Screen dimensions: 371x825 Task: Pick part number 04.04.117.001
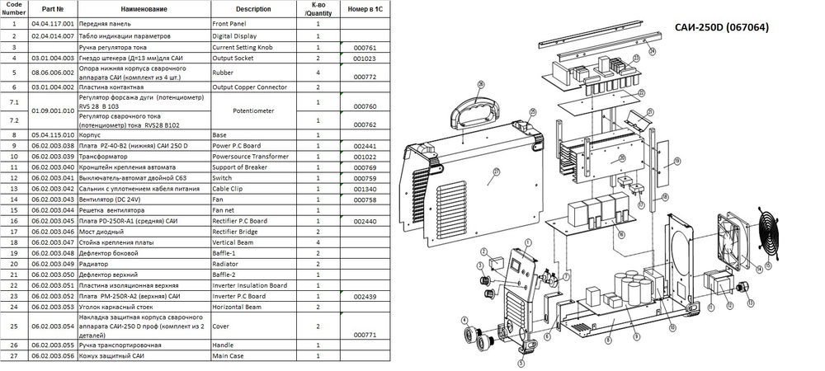[53, 25]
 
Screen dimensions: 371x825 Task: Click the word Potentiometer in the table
[247, 108]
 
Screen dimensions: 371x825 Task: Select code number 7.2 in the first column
[13, 120]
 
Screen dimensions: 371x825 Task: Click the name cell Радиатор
[93, 263]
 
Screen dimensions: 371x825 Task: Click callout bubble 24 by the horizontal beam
[652, 51]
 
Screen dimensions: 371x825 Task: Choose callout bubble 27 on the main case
[497, 172]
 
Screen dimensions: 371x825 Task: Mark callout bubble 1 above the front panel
[478, 265]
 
